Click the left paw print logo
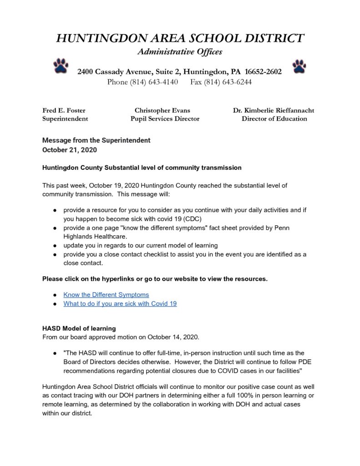point(61,66)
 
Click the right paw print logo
point(299,66)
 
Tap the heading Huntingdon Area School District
point(180,38)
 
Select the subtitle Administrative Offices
point(180,52)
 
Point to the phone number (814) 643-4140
point(154,82)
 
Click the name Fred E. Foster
point(64,110)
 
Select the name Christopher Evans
point(162,110)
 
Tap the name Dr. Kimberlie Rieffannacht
point(274,110)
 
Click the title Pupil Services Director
point(165,119)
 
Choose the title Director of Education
point(274,119)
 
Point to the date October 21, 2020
point(70,150)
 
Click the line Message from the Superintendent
point(96,140)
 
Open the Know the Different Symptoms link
point(106,294)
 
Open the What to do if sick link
point(120,304)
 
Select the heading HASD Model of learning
point(79,328)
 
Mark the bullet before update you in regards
point(55,245)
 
